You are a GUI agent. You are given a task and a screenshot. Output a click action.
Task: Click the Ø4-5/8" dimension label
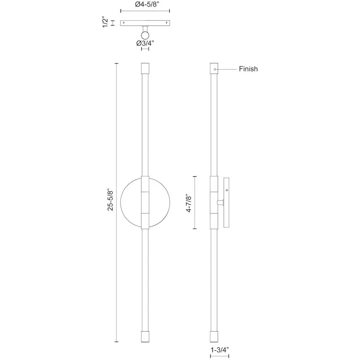click(x=147, y=4)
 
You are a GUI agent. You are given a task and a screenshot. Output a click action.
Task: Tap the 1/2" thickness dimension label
click(x=105, y=22)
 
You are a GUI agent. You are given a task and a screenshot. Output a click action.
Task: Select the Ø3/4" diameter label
click(x=145, y=43)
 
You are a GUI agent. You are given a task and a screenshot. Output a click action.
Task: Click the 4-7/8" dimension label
click(x=188, y=204)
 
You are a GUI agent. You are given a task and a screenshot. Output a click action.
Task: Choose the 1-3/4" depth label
click(x=220, y=350)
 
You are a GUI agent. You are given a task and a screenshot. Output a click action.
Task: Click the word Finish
click(x=248, y=69)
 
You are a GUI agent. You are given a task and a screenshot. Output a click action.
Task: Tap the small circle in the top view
click(x=145, y=36)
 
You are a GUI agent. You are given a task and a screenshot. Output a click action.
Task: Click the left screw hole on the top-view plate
click(x=124, y=23)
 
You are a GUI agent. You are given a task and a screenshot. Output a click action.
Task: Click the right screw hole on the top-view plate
click(x=166, y=23)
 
